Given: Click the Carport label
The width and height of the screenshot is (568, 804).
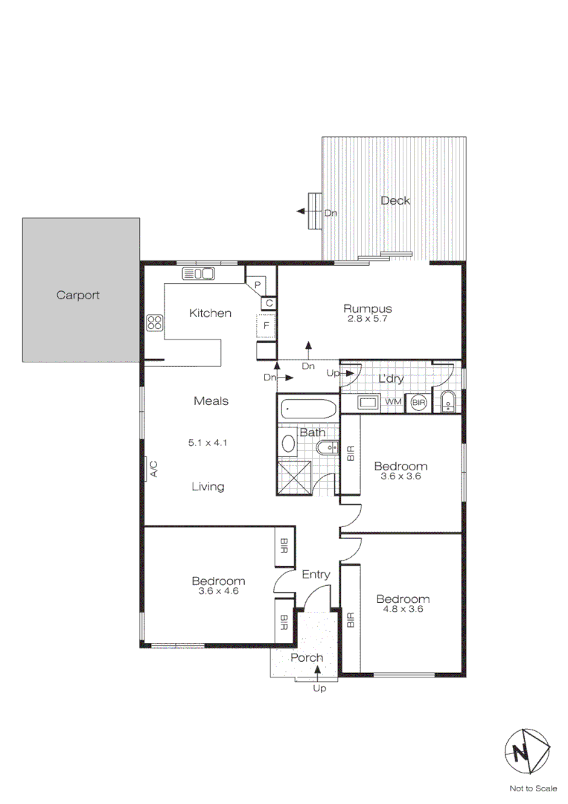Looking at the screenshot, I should [78, 296].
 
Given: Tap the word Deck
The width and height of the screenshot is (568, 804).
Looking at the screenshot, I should [395, 200].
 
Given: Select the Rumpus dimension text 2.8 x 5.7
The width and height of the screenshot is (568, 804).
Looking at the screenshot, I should [368, 319].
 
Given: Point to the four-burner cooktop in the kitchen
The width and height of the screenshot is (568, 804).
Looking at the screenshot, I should [156, 323].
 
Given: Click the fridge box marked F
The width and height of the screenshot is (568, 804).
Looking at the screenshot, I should [266, 326].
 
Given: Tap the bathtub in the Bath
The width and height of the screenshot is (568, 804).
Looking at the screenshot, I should [308, 409].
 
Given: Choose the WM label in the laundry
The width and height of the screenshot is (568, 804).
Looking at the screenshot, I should [393, 402].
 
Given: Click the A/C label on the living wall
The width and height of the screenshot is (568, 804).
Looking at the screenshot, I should [154, 469].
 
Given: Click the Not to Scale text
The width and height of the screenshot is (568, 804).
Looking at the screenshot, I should [533, 788].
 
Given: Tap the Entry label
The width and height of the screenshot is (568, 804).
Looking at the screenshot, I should [316, 575].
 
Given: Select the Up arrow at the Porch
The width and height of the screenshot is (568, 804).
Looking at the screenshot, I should [319, 673].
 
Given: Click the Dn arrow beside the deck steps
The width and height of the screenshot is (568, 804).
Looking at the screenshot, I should [305, 212].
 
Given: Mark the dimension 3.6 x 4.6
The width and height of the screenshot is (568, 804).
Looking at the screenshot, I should [218, 591].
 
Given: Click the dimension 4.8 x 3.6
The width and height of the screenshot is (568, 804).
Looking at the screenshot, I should [403, 609].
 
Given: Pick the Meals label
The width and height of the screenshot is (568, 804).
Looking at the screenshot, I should [211, 401].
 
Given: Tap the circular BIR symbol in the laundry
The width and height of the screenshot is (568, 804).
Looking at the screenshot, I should [419, 403].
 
